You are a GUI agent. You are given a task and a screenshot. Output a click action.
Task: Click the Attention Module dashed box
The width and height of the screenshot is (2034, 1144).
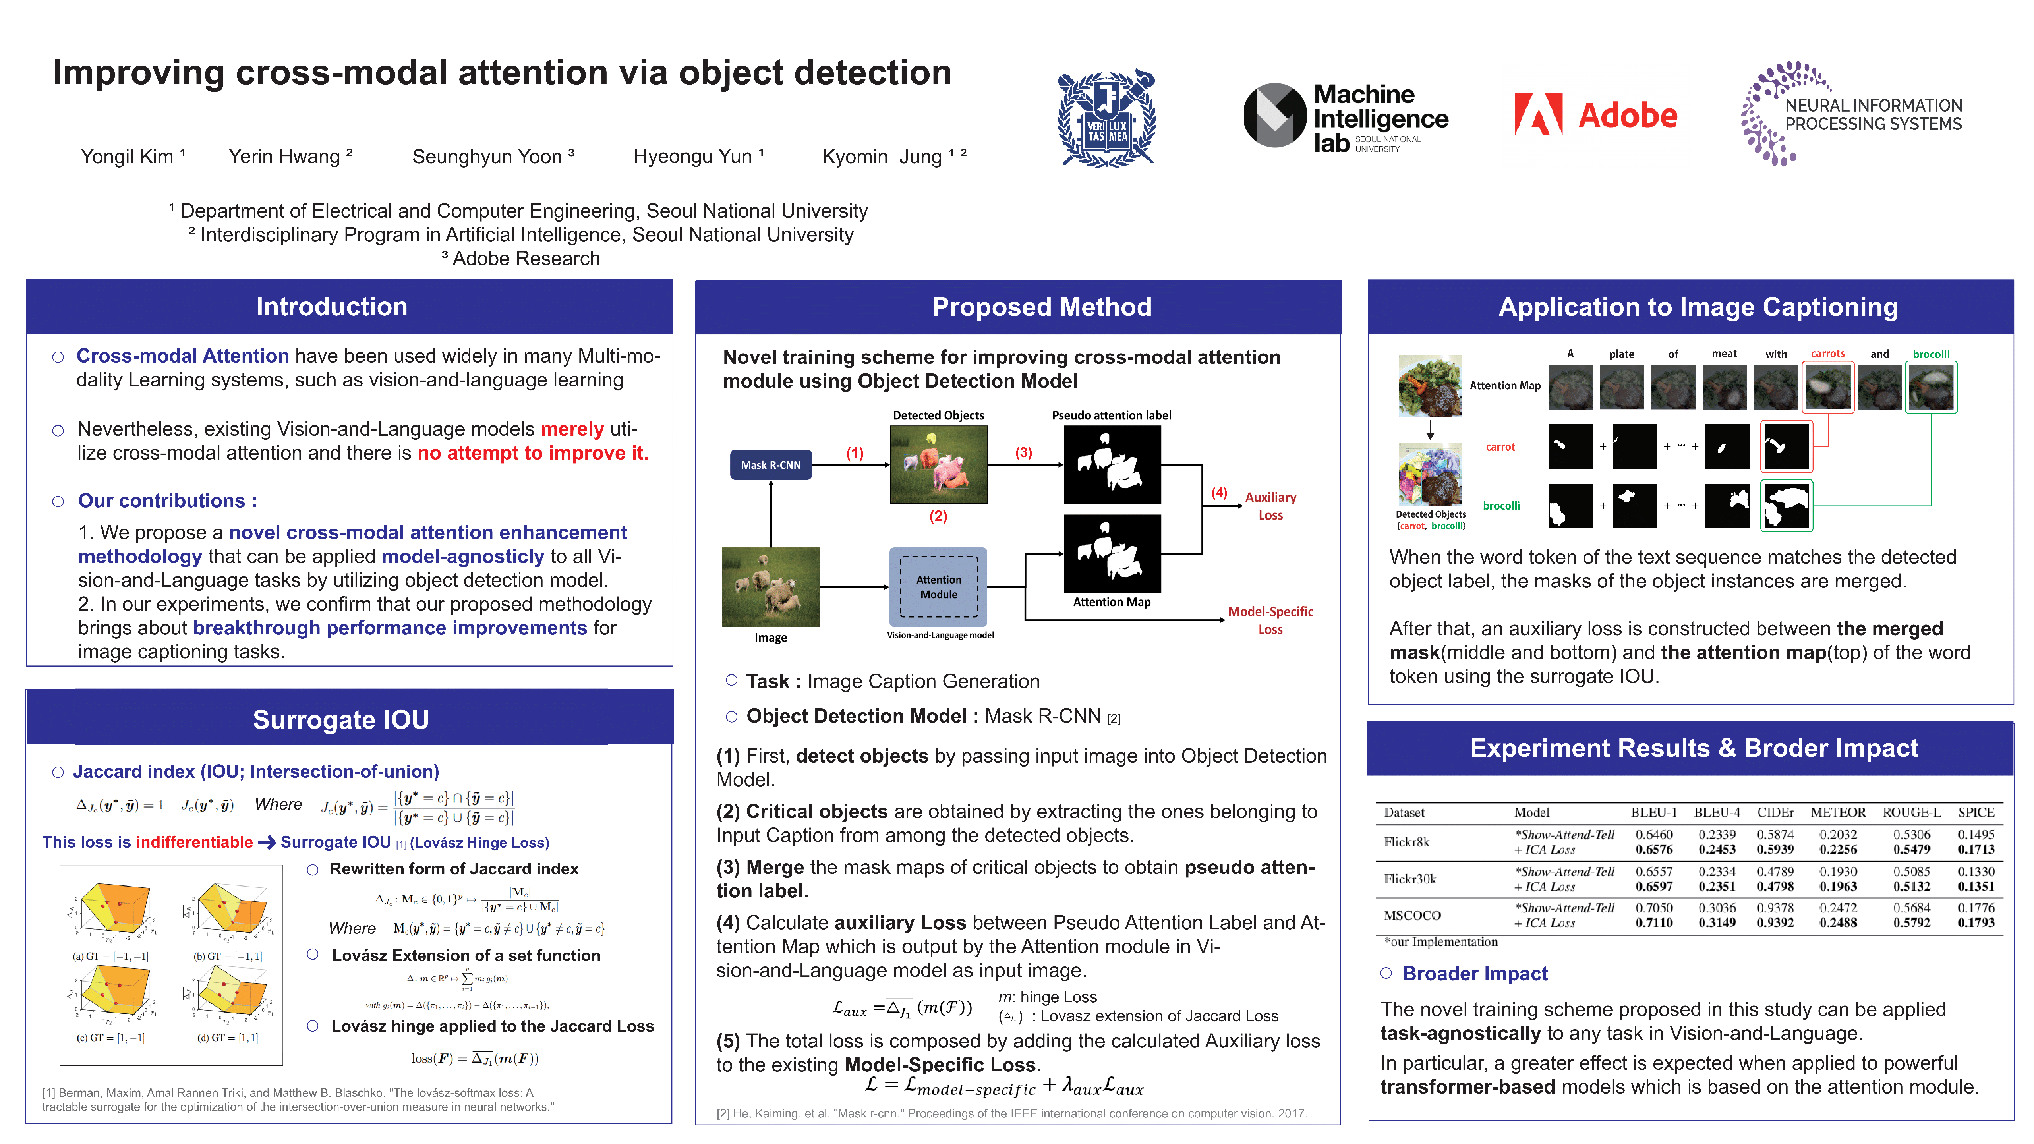(x=938, y=587)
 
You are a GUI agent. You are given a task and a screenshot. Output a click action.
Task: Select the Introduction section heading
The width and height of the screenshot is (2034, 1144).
(x=332, y=306)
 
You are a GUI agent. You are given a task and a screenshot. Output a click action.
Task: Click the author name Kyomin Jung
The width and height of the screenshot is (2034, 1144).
(x=883, y=157)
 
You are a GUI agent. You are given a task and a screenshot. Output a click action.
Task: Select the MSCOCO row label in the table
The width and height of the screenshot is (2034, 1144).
(x=1412, y=915)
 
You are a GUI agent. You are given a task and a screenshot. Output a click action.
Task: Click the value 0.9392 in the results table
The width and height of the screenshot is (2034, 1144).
(x=1775, y=922)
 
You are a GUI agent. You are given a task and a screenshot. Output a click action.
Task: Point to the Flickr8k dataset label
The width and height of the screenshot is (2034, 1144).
(x=1406, y=842)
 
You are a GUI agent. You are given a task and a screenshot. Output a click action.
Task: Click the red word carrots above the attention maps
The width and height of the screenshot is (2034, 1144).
(x=1827, y=354)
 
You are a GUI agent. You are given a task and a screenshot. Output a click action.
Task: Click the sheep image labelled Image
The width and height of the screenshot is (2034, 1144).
(x=771, y=587)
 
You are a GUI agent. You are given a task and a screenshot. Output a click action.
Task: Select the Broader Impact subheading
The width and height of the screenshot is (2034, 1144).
(x=1474, y=974)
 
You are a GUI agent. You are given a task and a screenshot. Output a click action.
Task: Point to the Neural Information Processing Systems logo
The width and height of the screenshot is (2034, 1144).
(x=1852, y=114)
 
